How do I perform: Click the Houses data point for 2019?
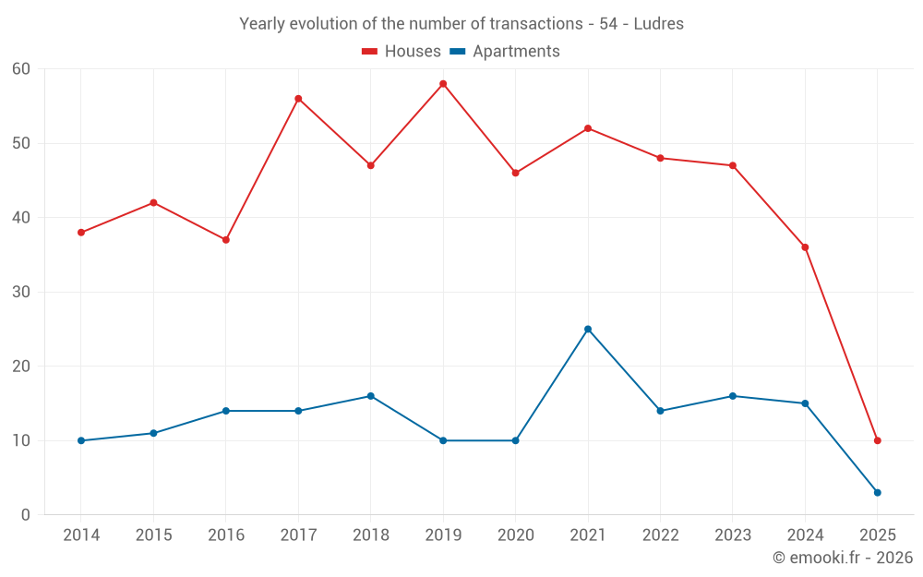(443, 84)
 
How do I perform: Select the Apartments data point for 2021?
(588, 329)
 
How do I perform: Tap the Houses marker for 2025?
(877, 440)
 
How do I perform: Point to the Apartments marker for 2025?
(877, 492)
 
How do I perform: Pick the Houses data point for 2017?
(298, 99)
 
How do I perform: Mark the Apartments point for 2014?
(81, 440)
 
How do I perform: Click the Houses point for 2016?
(226, 240)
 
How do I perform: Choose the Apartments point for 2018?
(370, 396)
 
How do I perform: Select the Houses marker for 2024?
(805, 247)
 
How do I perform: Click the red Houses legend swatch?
(369, 52)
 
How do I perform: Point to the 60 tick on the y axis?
(21, 69)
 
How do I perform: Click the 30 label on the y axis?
(21, 292)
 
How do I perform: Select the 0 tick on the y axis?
(26, 515)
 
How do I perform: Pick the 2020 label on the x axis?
(515, 535)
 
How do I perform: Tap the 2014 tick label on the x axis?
(81, 535)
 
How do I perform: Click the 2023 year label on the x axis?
(732, 535)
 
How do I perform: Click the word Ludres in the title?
(659, 24)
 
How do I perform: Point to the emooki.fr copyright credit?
(842, 558)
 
